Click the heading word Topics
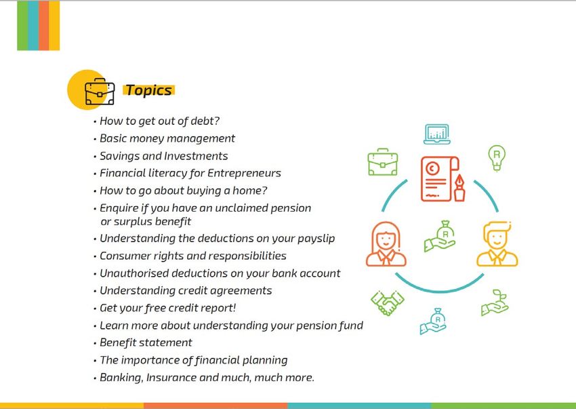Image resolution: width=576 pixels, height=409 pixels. (149, 90)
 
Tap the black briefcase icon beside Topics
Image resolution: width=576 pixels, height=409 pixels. (100, 92)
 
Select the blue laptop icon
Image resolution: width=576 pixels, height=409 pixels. (437, 134)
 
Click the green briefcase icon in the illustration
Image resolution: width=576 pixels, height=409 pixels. (383, 162)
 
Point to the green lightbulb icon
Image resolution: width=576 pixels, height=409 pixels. (497, 157)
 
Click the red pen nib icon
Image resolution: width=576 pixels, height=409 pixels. (459, 188)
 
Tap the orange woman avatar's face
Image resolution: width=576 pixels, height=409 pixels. (386, 241)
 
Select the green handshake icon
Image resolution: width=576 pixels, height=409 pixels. (388, 303)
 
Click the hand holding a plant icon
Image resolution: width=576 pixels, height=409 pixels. (495, 303)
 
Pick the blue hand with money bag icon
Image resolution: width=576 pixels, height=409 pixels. (434, 321)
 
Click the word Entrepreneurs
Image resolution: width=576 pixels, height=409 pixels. (244, 173)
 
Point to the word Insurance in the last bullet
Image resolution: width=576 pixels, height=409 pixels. (171, 378)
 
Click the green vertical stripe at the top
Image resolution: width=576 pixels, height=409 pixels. (22, 25)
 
